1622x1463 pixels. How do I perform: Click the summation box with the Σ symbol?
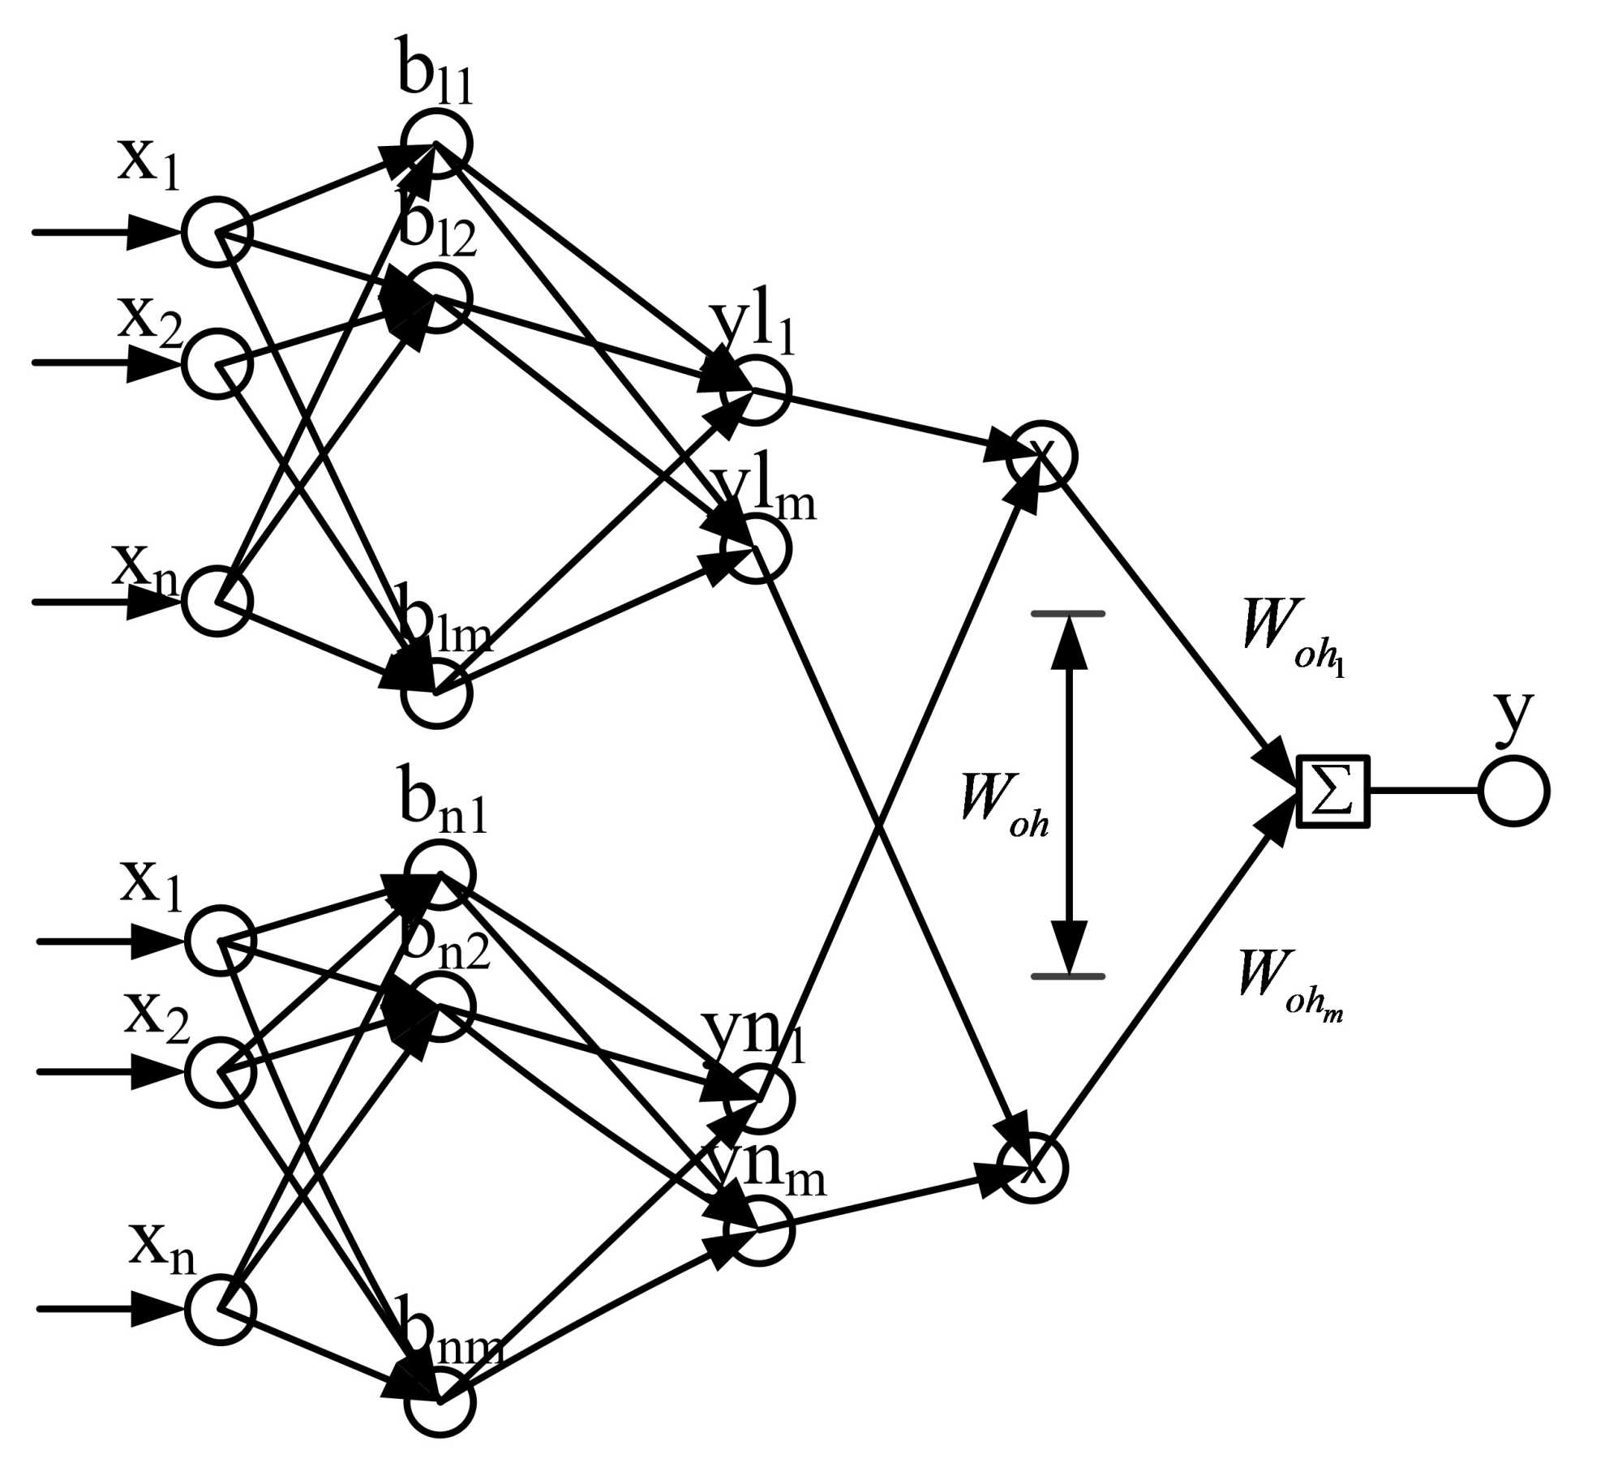click(x=1333, y=792)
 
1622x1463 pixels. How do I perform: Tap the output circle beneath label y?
click(x=1513, y=791)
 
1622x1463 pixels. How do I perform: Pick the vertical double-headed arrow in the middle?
click(x=1068, y=794)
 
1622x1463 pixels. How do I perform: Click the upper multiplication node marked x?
click(x=1041, y=456)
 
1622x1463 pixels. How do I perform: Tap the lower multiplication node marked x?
click(x=1032, y=1169)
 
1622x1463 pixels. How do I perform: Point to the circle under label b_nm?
click(x=440, y=1401)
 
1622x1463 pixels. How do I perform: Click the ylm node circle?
click(x=755, y=548)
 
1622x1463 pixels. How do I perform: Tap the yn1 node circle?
click(x=759, y=1099)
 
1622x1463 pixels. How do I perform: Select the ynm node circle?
click(x=759, y=1230)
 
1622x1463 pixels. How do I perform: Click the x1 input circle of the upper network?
click(x=217, y=232)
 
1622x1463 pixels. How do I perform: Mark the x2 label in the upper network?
click(x=150, y=320)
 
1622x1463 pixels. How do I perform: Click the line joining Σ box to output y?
click(x=1423, y=791)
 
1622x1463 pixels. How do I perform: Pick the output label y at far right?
click(x=1513, y=717)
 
